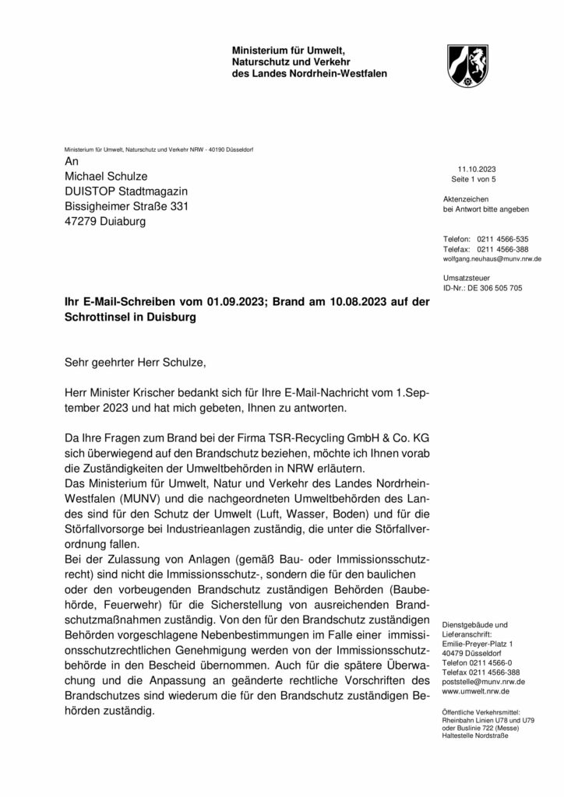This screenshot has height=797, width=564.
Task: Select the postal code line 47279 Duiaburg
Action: pyautogui.click(x=105, y=221)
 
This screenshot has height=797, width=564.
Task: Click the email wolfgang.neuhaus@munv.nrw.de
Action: pyautogui.click(x=492, y=258)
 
